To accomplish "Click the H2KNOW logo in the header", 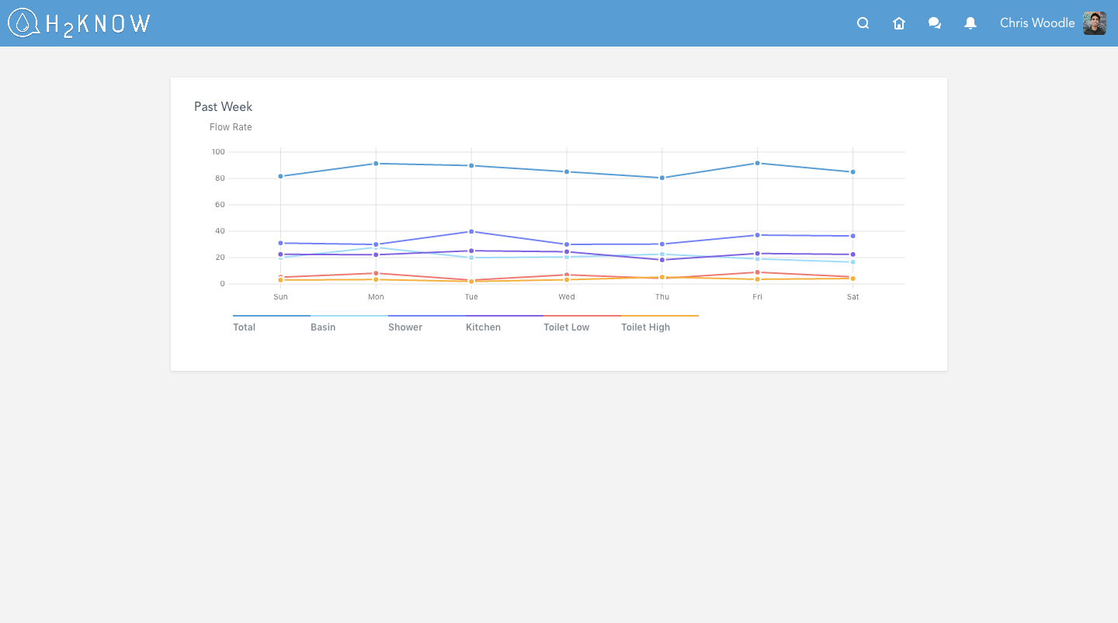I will pyautogui.click(x=78, y=23).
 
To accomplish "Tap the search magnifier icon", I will pyautogui.click(x=863, y=23).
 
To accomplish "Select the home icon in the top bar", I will pyautogui.click(x=899, y=23).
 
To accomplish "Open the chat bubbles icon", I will pyautogui.click(x=935, y=23).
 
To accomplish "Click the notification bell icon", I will pyautogui.click(x=970, y=23).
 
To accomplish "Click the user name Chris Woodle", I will pyautogui.click(x=1036, y=23).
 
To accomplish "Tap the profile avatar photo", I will pyautogui.click(x=1095, y=23).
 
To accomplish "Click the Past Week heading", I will pyautogui.click(x=224, y=107).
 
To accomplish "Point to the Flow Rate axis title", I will pyautogui.click(x=231, y=127).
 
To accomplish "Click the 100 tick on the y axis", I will pyautogui.click(x=217, y=152).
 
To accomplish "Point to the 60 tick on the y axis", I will pyautogui.click(x=220, y=205).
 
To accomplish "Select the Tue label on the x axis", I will pyautogui.click(x=471, y=297).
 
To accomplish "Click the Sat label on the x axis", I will pyautogui.click(x=852, y=297).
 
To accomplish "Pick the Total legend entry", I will pyautogui.click(x=245, y=327).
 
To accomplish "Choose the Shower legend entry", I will pyautogui.click(x=405, y=327).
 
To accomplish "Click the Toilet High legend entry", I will pyautogui.click(x=645, y=327).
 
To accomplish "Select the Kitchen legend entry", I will pyautogui.click(x=483, y=327).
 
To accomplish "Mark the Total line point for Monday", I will pyautogui.click(x=376, y=164).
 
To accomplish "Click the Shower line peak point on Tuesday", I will pyautogui.click(x=471, y=232).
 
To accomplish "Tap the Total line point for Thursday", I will pyautogui.click(x=662, y=178).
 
